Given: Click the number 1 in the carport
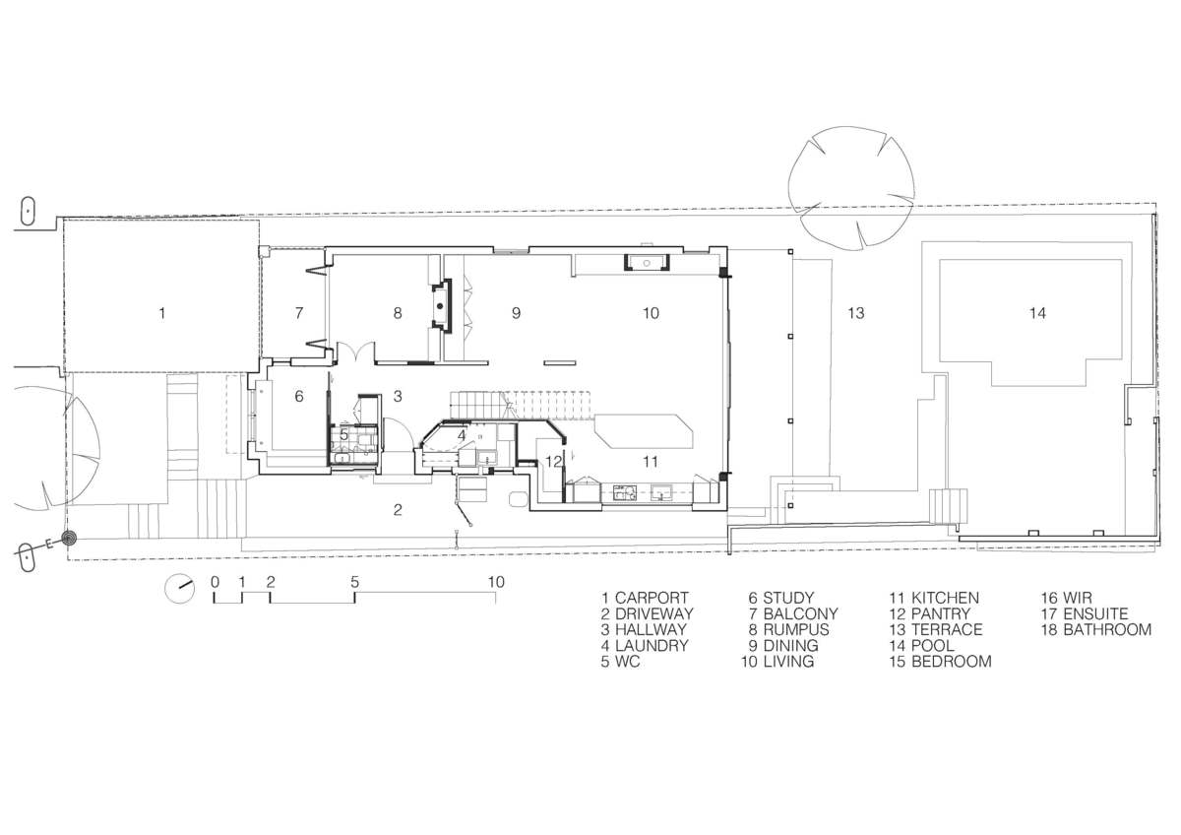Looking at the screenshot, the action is tap(161, 313).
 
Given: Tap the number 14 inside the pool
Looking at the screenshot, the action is tap(1037, 313).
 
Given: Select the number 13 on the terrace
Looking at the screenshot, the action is tap(856, 313).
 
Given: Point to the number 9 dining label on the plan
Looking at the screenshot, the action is tap(516, 313).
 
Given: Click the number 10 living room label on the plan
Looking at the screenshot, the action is tap(651, 313).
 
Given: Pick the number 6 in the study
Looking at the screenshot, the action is tap(299, 396).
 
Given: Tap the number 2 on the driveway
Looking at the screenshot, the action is tap(398, 509).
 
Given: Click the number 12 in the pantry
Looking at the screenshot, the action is tap(553, 462).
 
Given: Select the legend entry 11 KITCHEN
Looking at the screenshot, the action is tap(934, 598).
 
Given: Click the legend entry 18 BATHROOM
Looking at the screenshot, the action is tap(1096, 629).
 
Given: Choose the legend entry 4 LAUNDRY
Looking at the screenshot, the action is tap(645, 645).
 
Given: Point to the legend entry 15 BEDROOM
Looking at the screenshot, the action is tap(940, 661).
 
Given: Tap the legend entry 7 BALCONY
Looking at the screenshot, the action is tap(793, 613).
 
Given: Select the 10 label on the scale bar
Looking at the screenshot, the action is tap(496, 582).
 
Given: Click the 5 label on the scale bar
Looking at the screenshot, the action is tap(355, 582).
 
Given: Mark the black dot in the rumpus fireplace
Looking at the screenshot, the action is tap(440, 306).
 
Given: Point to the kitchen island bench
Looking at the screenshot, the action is tap(644, 431).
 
